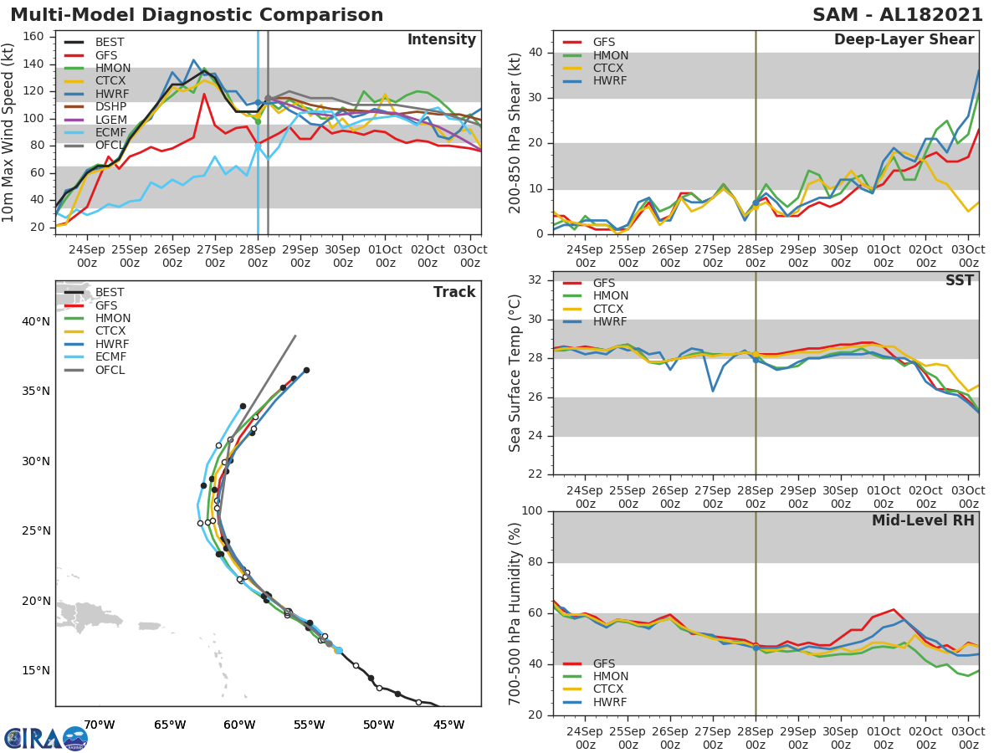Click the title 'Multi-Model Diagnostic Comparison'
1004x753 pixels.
pyautogui.click(x=197, y=15)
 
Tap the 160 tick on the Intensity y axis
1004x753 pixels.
pyautogui.click(x=38, y=37)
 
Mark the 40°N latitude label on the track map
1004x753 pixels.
pyautogui.click(x=34, y=322)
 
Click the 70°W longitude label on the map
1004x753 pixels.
pyautogui.click(x=99, y=725)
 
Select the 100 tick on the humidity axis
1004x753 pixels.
pyautogui.click(x=532, y=511)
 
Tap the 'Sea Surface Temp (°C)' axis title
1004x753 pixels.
pyautogui.click(x=515, y=372)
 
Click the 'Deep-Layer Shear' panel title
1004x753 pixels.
pyautogui.click(x=904, y=40)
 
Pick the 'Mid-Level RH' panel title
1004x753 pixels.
pyautogui.click(x=923, y=520)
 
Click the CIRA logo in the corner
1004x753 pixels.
pyautogui.click(x=46, y=738)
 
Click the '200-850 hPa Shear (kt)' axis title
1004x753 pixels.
pyautogui.click(x=515, y=132)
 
